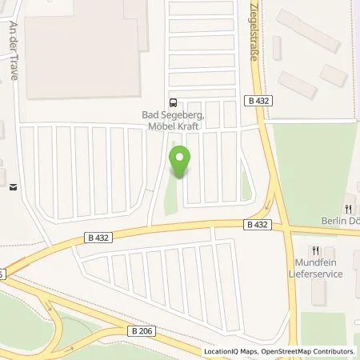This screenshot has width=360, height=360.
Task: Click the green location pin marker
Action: point(180,162)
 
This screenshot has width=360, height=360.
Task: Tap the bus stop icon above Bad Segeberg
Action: point(173,102)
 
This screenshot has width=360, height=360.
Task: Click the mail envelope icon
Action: point(12,188)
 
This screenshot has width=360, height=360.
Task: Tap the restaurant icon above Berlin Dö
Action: point(349,200)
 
